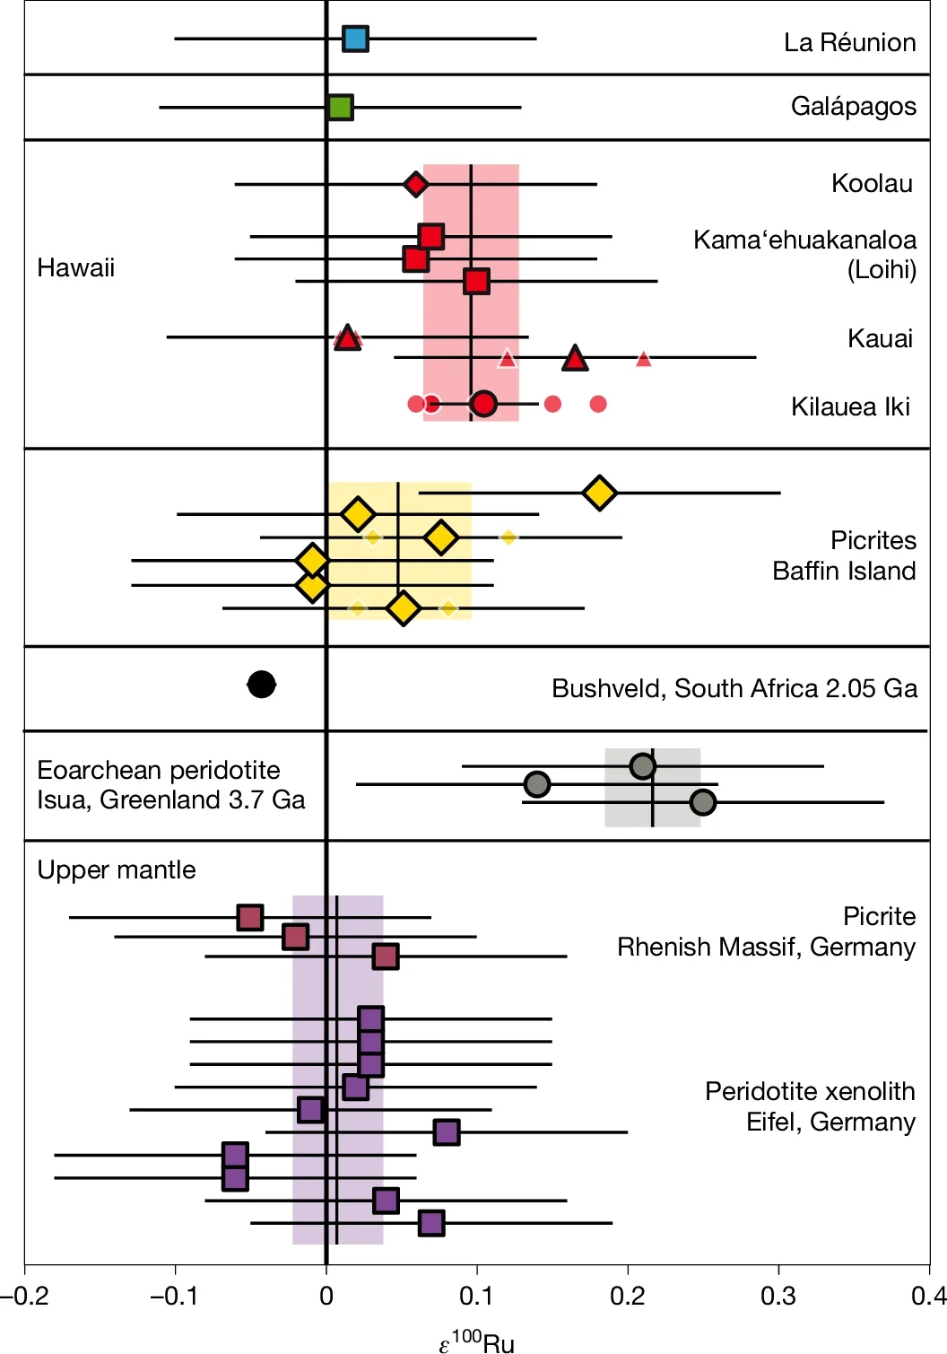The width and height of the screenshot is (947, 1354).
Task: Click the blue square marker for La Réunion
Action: click(x=355, y=39)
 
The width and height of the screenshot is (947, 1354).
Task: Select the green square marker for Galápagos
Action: click(x=340, y=108)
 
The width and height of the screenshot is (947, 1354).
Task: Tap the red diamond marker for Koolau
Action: click(x=414, y=184)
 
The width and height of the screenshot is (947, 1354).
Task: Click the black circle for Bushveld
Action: click(x=261, y=685)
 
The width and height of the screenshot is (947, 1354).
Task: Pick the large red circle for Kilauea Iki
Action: click(x=483, y=404)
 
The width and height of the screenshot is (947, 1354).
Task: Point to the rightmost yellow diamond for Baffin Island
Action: click(x=599, y=493)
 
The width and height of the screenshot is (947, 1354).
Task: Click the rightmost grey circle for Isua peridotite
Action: click(x=703, y=802)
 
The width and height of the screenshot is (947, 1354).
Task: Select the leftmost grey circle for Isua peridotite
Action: click(x=536, y=784)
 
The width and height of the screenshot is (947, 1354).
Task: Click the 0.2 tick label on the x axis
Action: click(x=628, y=1296)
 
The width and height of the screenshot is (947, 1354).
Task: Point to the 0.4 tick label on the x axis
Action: click(x=928, y=1296)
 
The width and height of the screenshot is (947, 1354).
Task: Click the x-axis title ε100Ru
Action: click(x=477, y=1341)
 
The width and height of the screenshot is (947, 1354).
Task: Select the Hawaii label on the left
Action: click(x=76, y=267)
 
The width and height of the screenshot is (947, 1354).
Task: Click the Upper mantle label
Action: click(x=117, y=869)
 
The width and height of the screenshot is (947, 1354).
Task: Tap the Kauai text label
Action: click(x=880, y=338)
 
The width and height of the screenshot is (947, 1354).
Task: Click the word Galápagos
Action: click(x=853, y=107)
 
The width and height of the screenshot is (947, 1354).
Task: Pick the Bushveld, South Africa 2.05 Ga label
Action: click(x=734, y=688)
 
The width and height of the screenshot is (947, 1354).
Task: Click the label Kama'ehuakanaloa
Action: click(x=804, y=240)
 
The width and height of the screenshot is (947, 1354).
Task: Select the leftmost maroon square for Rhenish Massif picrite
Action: click(x=249, y=917)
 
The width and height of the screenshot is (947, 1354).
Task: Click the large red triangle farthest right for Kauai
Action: click(x=575, y=358)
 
